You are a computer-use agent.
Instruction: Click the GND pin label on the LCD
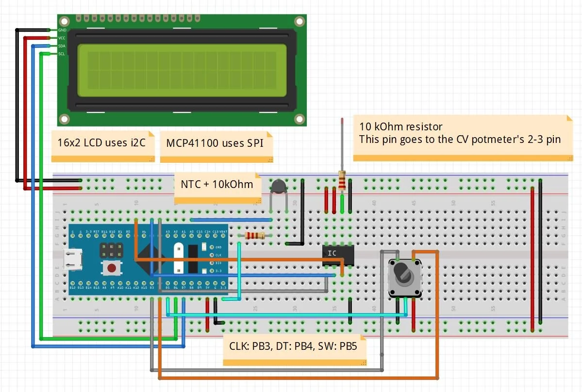(x=62, y=30)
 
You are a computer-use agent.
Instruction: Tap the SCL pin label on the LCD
(x=62, y=54)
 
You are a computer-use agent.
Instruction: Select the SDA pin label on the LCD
(x=62, y=46)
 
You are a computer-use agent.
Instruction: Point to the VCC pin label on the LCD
(x=62, y=38)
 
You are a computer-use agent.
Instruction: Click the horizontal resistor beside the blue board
(x=255, y=235)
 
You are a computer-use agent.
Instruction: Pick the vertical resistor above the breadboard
(x=342, y=181)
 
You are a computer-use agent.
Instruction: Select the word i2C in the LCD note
(x=136, y=143)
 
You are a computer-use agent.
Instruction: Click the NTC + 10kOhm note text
(x=216, y=185)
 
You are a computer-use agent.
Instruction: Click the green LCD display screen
(x=182, y=70)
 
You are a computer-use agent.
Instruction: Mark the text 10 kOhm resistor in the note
(x=401, y=127)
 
